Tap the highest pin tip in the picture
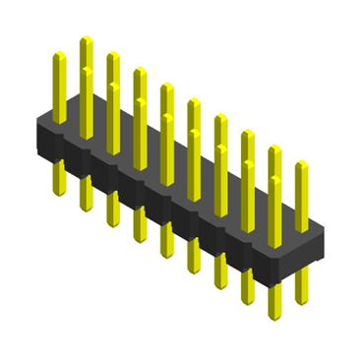pos(86,39)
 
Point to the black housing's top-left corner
pos(39,117)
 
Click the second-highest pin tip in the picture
pos(112,55)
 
